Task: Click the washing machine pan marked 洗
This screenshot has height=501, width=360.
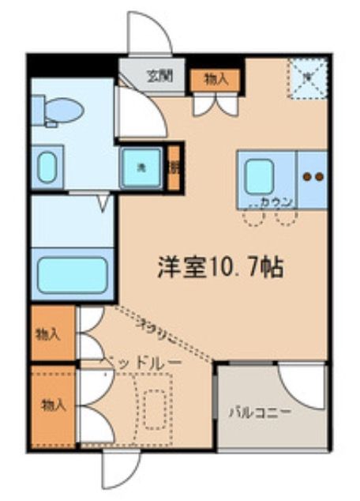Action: pyautogui.click(x=141, y=167)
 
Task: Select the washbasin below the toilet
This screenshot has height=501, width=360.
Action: pyautogui.click(x=47, y=167)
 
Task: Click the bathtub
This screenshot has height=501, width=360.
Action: pyautogui.click(x=72, y=273)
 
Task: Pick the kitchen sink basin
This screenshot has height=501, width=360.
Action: pyautogui.click(x=258, y=176)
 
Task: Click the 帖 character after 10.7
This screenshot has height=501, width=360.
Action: pyautogui.click(x=272, y=266)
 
